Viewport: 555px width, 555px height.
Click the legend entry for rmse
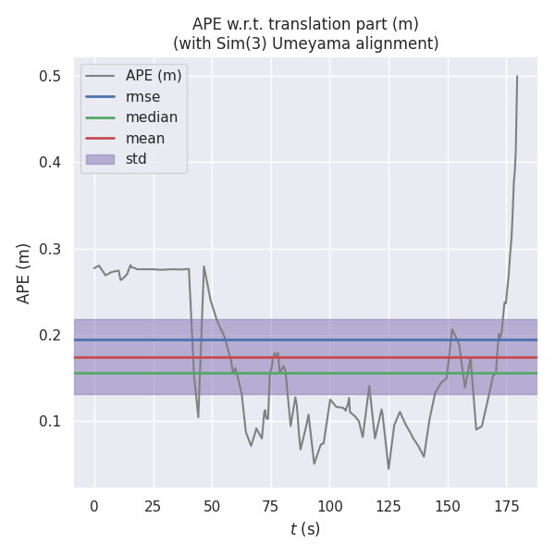[x=142, y=96]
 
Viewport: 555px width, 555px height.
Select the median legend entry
[x=151, y=117]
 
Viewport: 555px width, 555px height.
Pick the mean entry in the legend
[x=145, y=138]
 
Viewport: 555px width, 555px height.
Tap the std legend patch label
[x=137, y=159]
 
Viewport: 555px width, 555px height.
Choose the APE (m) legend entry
[x=154, y=76]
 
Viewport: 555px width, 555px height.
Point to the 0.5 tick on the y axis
[x=57, y=76]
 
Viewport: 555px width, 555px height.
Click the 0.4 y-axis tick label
[x=57, y=163]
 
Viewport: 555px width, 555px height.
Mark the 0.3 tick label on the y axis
[x=57, y=249]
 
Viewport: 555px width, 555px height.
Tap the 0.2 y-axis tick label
[x=57, y=335]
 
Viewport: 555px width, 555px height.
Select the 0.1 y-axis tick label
[x=57, y=421]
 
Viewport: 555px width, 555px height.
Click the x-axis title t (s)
[x=305, y=529]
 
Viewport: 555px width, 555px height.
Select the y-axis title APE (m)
[x=24, y=273]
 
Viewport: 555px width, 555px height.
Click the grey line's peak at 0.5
[x=517, y=76]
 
